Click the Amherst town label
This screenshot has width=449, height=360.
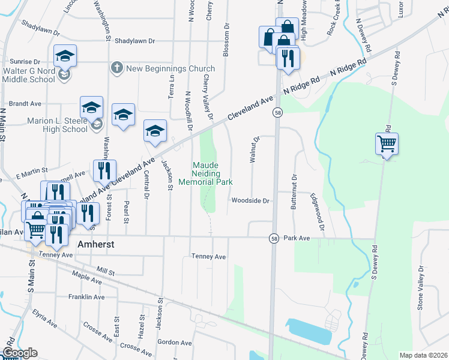pos(96,245)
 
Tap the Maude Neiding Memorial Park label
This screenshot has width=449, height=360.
pos(205,173)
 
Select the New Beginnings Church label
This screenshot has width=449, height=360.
pos(170,68)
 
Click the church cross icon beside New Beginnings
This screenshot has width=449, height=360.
pos(116,68)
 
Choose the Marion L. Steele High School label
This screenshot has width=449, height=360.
pos(57,125)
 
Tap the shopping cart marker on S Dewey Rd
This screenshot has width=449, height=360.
pos(387,143)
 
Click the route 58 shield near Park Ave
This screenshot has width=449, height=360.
pos(273,238)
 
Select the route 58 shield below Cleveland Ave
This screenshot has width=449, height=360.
pos(277,112)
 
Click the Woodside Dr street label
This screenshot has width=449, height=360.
pos(251,201)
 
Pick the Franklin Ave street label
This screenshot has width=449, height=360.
pos(86,297)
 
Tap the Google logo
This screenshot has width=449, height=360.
pos(20,353)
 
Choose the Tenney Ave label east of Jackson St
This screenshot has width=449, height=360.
pos(208,257)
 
